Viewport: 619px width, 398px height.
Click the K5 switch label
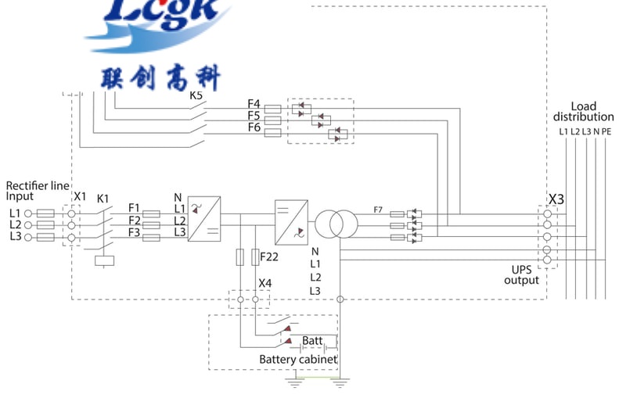point(196,96)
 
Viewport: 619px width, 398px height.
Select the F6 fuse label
point(254,127)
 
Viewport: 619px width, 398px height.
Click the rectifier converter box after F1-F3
point(203,217)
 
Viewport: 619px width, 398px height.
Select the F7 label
point(378,209)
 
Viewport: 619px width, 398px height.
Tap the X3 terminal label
point(556,199)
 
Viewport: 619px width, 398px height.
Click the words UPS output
point(521,274)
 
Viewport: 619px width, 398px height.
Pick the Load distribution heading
point(584,112)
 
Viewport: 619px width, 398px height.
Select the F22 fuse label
point(268,256)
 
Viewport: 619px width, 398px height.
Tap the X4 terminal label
point(265,282)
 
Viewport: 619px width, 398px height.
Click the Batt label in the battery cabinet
point(311,341)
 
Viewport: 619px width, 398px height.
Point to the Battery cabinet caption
point(298,360)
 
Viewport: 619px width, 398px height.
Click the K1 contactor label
point(103,199)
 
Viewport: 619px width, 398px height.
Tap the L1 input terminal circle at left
point(28,213)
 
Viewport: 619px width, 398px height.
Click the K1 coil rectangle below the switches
point(104,261)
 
